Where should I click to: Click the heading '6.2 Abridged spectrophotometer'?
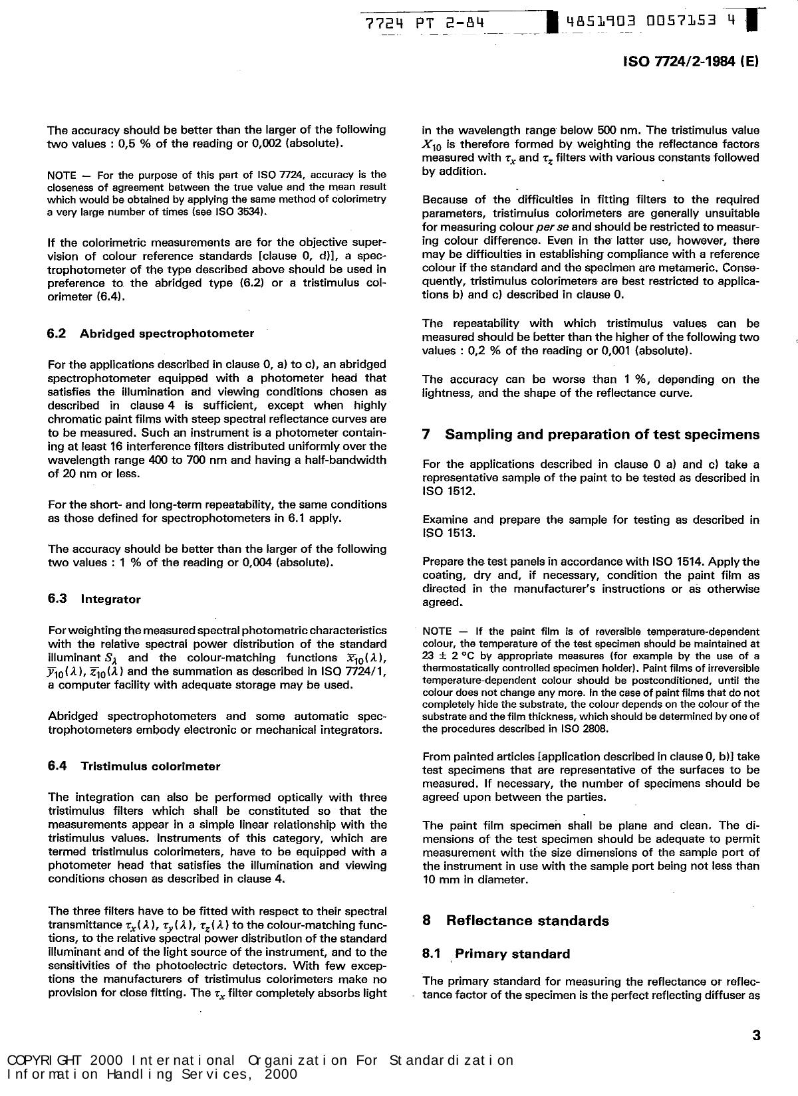click(x=150, y=334)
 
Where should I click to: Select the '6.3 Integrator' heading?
click(x=94, y=599)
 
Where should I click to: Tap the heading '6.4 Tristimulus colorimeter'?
click(x=134, y=766)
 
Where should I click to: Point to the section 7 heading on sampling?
click(x=591, y=435)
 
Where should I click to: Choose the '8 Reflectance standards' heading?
click(x=515, y=921)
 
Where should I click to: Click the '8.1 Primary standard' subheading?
click(x=496, y=954)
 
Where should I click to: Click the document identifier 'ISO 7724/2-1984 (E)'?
click(x=690, y=61)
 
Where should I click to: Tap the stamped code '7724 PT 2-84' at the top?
click(x=424, y=23)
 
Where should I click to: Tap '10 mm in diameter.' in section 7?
click(x=475, y=879)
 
